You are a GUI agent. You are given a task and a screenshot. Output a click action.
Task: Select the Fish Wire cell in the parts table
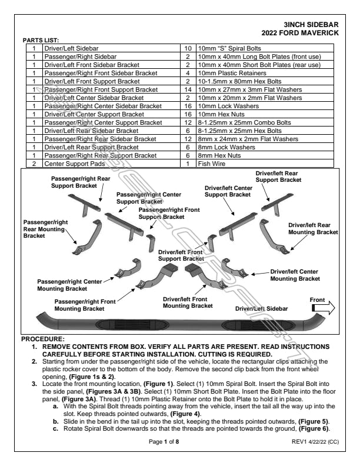coord(211,164)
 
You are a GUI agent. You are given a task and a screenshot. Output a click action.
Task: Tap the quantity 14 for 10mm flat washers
coord(188,89)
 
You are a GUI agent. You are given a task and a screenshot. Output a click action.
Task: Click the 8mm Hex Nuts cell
coord(216,155)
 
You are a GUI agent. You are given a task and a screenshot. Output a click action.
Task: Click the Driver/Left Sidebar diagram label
coord(261,308)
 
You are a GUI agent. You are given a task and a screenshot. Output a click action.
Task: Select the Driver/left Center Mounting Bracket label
coord(295,275)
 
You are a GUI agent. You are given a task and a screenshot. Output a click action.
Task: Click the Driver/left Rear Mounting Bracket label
coord(313,228)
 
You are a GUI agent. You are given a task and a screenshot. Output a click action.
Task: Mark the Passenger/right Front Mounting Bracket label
coord(85,304)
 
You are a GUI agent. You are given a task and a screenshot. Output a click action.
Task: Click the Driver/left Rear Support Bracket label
coord(278,177)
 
